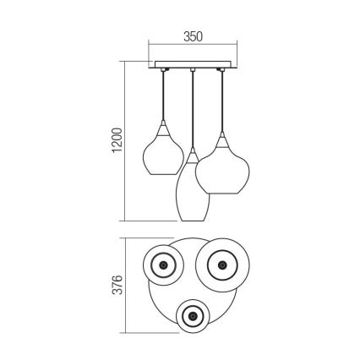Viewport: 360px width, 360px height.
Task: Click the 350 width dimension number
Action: (193, 37)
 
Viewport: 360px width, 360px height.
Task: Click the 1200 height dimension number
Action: (117, 140)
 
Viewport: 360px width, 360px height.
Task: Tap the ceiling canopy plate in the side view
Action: (193, 64)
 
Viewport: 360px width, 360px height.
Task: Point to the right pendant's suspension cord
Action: (222, 97)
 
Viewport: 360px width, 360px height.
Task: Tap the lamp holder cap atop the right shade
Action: (222, 137)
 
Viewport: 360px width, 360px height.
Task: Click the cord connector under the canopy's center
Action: (193, 70)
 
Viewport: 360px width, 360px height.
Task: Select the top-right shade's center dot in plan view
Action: (221, 266)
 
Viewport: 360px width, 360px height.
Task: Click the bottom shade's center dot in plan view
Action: (194, 317)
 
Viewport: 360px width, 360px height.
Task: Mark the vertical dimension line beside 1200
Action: (127, 140)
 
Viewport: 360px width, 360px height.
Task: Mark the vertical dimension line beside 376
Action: (127, 286)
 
